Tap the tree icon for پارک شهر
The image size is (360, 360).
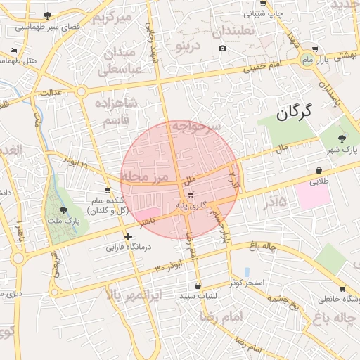click(x=342, y=139)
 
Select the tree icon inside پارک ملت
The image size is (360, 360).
click(x=63, y=210)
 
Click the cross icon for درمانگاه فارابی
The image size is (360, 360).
click(x=127, y=236)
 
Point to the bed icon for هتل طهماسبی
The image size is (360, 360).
click(x=14, y=51)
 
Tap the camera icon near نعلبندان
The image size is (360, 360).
click(x=222, y=48)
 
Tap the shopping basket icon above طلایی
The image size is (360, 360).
click(x=319, y=170)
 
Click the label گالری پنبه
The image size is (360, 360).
click(x=191, y=205)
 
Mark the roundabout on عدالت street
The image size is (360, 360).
click(x=82, y=91)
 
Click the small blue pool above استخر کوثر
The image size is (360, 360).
click(x=246, y=271)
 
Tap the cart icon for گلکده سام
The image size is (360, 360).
click(x=108, y=190)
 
